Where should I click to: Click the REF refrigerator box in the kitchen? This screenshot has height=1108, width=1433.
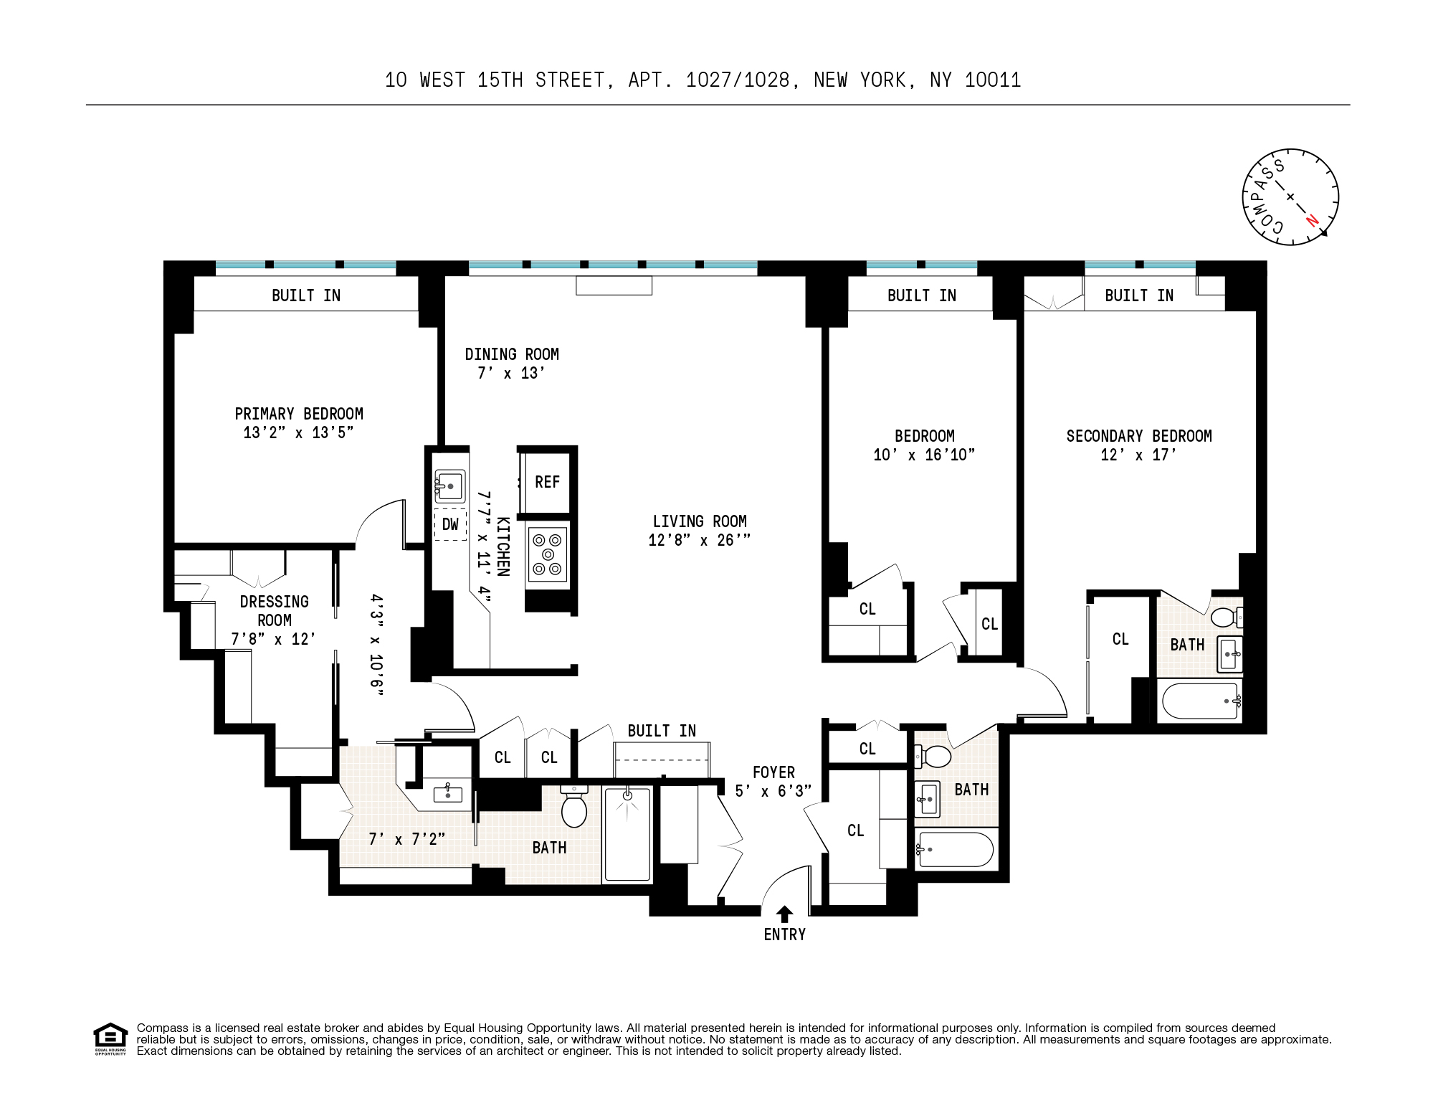[547, 481]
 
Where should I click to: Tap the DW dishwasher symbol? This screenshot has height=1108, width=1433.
[450, 524]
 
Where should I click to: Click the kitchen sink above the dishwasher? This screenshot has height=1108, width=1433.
[450, 486]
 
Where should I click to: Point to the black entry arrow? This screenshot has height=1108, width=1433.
[785, 913]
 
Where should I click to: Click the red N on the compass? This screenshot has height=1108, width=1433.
[1312, 220]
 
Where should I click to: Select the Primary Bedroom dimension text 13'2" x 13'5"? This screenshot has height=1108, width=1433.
[298, 432]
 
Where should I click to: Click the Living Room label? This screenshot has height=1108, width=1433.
[699, 521]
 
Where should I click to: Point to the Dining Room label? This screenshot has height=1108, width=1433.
[511, 354]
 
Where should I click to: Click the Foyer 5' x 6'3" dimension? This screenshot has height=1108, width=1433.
[773, 791]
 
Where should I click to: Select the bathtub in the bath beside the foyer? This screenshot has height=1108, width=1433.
[956, 849]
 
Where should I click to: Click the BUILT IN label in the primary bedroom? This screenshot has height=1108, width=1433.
[305, 295]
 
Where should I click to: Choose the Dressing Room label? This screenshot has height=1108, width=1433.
[274, 610]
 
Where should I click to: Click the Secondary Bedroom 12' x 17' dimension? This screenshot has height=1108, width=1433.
[1138, 455]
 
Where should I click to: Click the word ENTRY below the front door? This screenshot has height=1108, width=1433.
[785, 934]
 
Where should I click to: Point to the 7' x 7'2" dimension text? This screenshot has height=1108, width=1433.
[406, 838]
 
